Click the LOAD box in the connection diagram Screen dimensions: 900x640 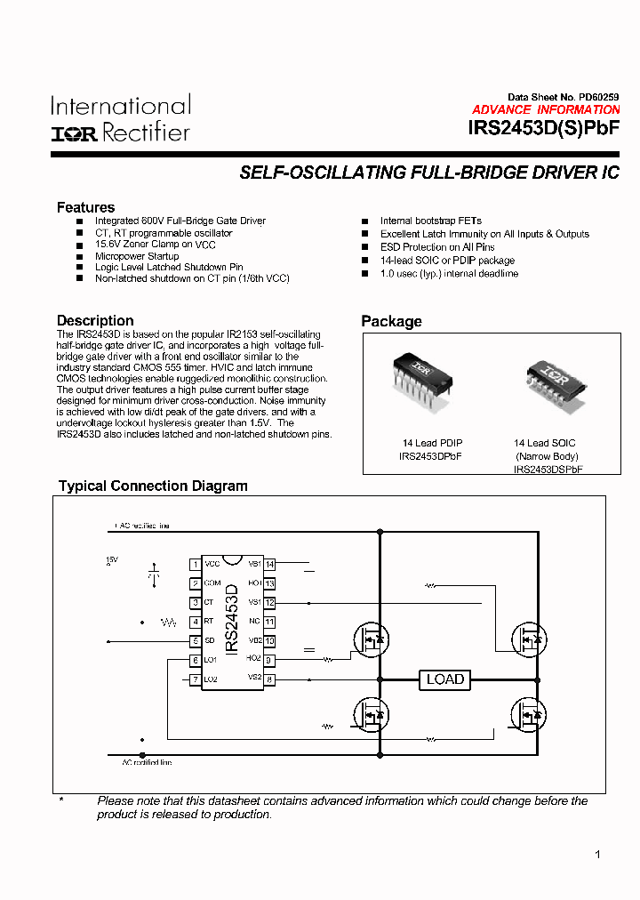tap(445, 679)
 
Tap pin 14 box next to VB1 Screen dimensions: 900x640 tap(269, 564)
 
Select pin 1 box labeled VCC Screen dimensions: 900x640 tap(195, 564)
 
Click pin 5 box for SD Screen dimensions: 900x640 tap(195, 641)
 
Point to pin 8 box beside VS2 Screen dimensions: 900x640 tap(269, 679)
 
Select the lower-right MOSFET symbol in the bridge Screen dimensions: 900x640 tap(525, 713)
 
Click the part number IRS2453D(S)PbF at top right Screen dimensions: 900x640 tap(543, 127)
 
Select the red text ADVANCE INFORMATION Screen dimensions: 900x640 tap(546, 109)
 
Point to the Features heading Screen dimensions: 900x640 tap(85, 207)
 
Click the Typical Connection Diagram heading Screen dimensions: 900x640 tap(153, 486)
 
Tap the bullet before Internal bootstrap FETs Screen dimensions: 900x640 tap(364, 221)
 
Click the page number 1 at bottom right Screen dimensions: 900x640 tap(597, 855)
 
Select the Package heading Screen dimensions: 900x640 tap(391, 321)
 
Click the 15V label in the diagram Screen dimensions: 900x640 tap(112, 560)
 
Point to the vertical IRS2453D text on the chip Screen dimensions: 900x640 tap(231, 620)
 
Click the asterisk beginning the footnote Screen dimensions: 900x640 tap(61, 801)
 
